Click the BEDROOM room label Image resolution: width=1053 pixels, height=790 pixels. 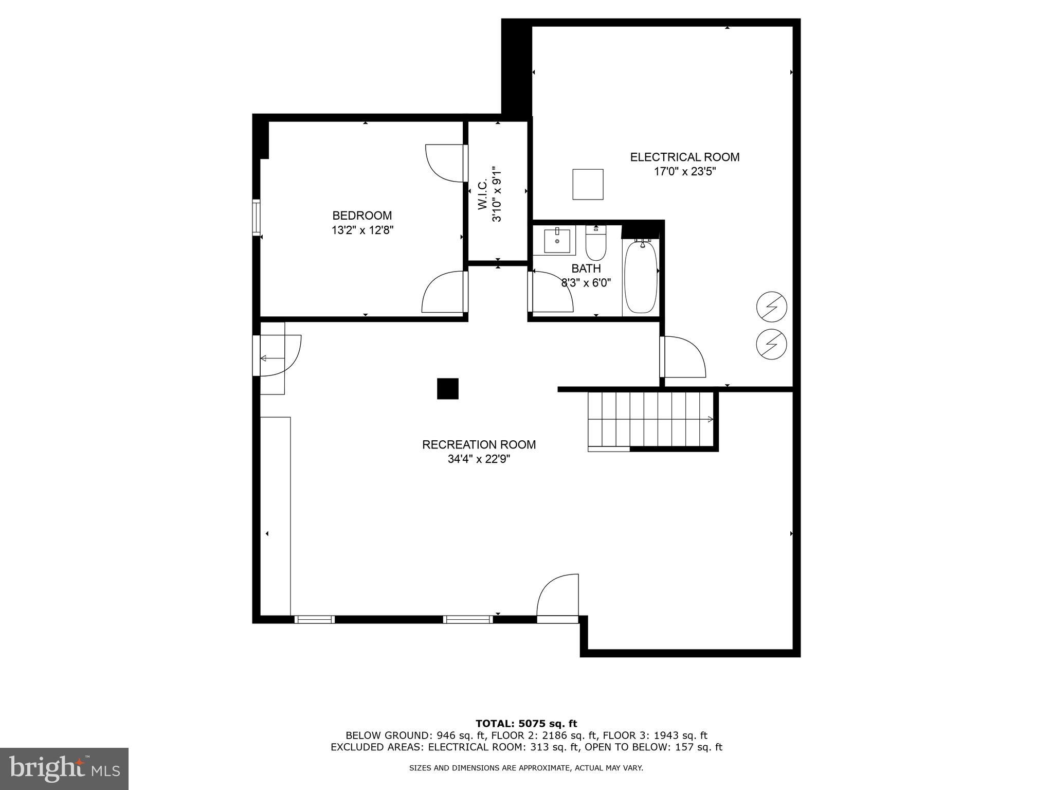362,216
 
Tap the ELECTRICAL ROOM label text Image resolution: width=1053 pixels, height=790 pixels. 685,157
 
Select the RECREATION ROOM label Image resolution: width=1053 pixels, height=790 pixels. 479,444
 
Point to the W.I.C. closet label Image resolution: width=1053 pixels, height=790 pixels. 483,194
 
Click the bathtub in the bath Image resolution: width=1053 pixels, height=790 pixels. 640,278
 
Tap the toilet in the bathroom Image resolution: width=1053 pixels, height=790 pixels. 596,245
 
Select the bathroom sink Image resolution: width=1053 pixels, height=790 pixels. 557,241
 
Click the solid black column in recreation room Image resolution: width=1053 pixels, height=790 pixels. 447,389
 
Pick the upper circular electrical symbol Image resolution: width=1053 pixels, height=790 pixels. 772,308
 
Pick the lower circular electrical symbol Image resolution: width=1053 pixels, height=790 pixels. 772,344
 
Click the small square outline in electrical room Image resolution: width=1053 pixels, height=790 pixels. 588,184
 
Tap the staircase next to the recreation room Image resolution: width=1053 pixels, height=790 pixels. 650,419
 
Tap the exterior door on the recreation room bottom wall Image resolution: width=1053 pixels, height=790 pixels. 558,597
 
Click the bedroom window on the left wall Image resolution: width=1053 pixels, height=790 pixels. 256,217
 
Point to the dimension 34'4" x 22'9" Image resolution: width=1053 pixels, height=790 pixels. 479,459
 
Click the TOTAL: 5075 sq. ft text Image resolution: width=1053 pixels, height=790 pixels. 526,724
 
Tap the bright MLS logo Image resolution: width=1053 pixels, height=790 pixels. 64,768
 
